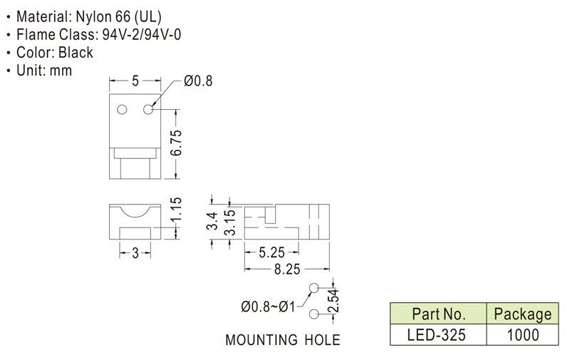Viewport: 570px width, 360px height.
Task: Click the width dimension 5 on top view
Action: tap(135, 81)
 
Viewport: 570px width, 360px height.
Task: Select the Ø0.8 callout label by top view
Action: tap(198, 81)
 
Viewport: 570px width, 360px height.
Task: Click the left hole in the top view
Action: tap(122, 110)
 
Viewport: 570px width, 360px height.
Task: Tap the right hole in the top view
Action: tap(149, 110)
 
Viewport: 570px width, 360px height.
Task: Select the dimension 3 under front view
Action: tap(135, 252)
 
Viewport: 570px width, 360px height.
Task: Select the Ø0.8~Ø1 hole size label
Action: tap(269, 307)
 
